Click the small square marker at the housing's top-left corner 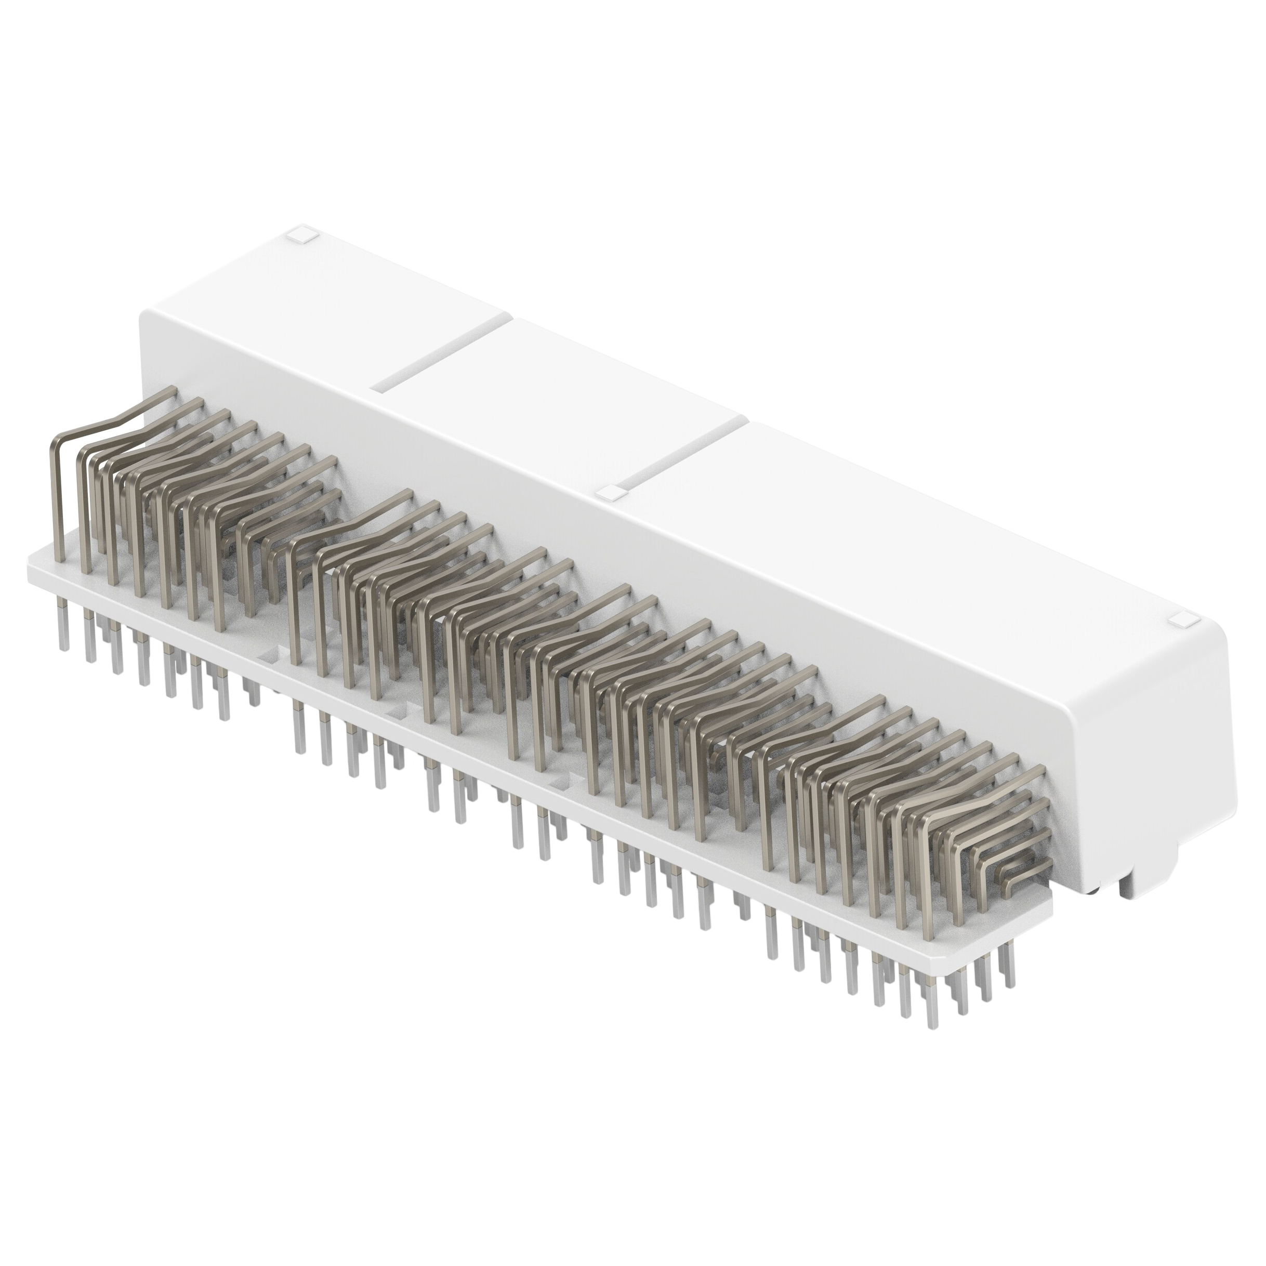tap(301, 234)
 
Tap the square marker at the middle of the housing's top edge tap(610, 493)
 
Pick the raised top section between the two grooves tap(563, 400)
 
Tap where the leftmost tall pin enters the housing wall tap(172, 391)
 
